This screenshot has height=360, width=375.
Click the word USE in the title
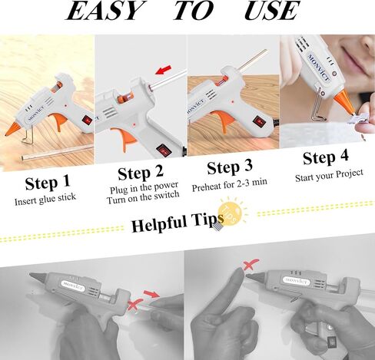click(271, 11)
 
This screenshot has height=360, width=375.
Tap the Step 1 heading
click(48, 183)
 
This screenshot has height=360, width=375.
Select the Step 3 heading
click(230, 167)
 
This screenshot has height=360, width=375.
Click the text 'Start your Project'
click(329, 176)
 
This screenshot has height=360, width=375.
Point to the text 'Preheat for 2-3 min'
click(230, 185)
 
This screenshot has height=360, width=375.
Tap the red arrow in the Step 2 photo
click(163, 70)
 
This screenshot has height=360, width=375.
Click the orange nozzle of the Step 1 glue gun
click(12, 128)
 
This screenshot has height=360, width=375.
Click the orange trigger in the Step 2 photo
click(124, 138)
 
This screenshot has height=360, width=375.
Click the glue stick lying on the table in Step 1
click(57, 153)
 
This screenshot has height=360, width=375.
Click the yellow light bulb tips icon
click(231, 213)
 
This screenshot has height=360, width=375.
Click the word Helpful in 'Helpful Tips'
click(159, 223)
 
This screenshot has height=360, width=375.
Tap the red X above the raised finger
click(251, 265)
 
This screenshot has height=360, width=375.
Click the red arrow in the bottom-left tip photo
click(151, 294)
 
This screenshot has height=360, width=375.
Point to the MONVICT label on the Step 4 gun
click(318, 68)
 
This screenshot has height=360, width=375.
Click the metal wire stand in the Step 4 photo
click(318, 106)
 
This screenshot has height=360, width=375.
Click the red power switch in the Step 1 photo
click(87, 120)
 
